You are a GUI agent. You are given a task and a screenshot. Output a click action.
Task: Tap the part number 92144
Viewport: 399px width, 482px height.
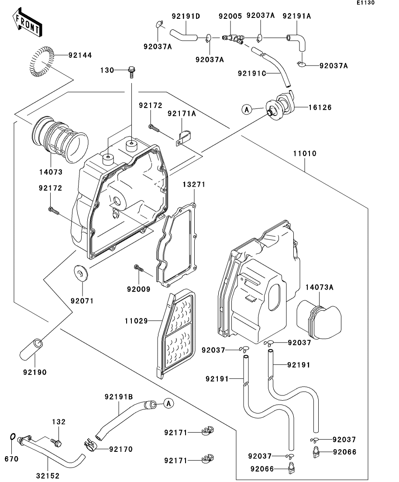(80, 55)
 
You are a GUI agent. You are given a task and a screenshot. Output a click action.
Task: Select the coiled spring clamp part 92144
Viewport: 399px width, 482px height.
(42, 61)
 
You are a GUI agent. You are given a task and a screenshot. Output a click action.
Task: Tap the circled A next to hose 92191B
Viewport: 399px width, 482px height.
(168, 403)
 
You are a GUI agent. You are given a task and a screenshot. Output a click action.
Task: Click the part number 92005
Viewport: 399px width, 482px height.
(230, 16)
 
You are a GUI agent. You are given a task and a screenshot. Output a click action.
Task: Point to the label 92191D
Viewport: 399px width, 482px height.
(186, 17)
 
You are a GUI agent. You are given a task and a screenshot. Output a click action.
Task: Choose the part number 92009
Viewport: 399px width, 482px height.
(138, 289)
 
